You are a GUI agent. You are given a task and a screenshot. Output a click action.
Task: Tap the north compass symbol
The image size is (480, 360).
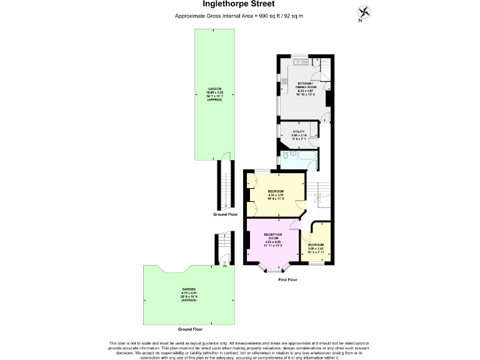coord(361,12)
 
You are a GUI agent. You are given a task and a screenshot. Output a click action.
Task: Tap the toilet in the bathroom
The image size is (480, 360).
coord(285,157)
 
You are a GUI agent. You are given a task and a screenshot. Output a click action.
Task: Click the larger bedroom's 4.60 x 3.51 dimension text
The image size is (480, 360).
coord(276,194)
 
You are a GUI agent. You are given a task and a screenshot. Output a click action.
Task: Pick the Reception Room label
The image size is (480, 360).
coord(272,236)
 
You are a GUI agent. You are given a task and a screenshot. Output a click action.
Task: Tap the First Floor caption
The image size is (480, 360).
coord(287,280)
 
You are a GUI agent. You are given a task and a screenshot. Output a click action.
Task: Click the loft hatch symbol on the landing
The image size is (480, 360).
coord(317,199)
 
